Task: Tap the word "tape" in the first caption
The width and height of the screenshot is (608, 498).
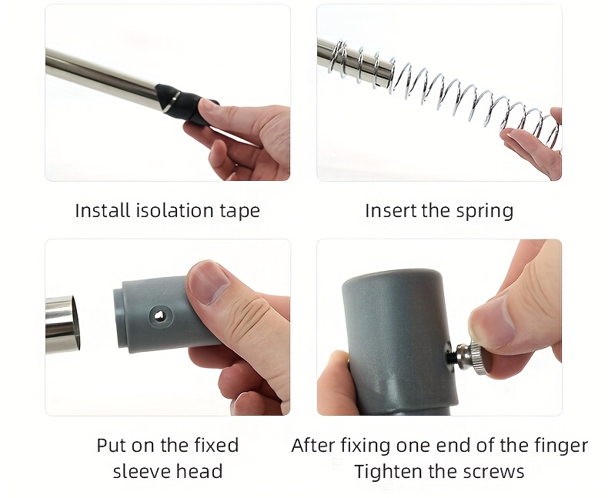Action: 240,212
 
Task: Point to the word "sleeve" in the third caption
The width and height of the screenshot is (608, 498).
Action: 142,471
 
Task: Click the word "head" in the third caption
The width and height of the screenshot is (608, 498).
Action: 200,471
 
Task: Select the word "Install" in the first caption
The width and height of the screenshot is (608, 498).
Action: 103,211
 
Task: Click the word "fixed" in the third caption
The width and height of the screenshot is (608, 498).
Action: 216,445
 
